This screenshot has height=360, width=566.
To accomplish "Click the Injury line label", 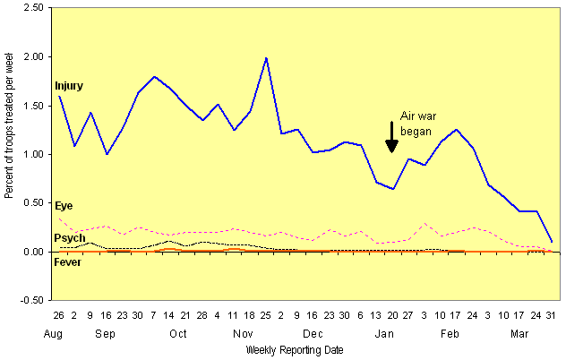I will tap(69, 86).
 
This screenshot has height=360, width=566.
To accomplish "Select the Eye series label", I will tap(64, 207).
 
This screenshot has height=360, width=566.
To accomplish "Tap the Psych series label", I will tap(70, 238).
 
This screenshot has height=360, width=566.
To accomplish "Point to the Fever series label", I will tap(69, 262).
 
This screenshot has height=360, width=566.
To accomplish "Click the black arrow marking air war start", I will tap(391, 136).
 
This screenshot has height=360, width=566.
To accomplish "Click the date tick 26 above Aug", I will tap(59, 315).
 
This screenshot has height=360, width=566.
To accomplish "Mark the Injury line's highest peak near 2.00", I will tap(266, 58).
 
